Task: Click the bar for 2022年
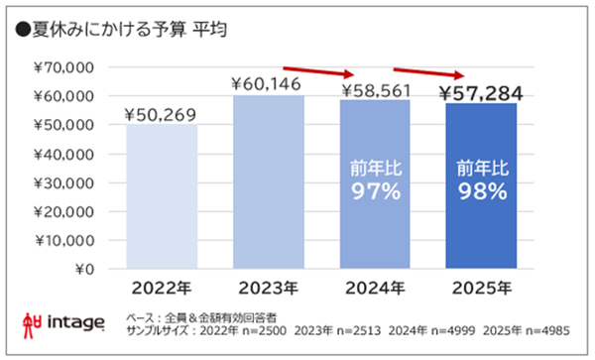(x=163, y=196)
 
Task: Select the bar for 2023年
(x=268, y=181)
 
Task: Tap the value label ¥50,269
(x=163, y=114)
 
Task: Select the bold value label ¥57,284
(x=481, y=94)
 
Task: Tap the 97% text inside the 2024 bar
(x=375, y=191)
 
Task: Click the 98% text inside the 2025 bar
(x=481, y=191)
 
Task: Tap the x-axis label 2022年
(x=163, y=289)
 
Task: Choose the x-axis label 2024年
(x=375, y=289)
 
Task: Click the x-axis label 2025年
(x=481, y=289)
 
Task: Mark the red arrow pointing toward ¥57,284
(x=428, y=71)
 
